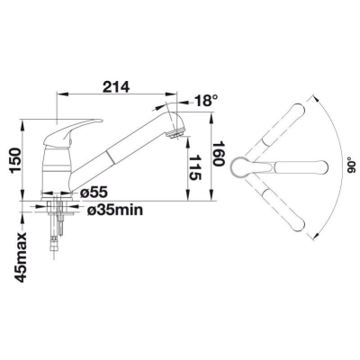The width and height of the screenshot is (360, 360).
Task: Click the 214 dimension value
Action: click(x=116, y=87)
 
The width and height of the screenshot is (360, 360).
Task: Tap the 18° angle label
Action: click(x=205, y=101)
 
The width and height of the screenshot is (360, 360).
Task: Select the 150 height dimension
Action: click(x=15, y=161)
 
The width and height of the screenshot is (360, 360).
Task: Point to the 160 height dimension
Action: click(x=219, y=153)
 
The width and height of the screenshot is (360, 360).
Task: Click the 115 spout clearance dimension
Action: click(x=195, y=167)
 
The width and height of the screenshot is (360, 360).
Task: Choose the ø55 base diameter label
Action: click(x=94, y=193)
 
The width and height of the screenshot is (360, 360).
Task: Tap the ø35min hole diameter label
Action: click(x=115, y=211)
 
